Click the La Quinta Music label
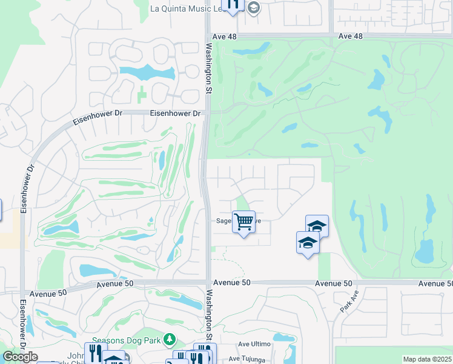tap(187, 8)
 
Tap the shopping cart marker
tap(243, 223)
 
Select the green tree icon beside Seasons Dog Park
tap(171, 339)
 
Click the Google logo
tap(20, 357)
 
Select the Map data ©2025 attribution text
tap(427, 359)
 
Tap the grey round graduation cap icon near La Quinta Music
tap(253, 8)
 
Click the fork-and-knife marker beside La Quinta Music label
tap(233, 5)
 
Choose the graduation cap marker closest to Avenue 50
tap(308, 243)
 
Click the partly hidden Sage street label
tap(225, 221)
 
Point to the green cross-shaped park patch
tap(142, 95)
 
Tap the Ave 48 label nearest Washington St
tap(224, 37)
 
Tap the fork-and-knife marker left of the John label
tap(93, 352)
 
